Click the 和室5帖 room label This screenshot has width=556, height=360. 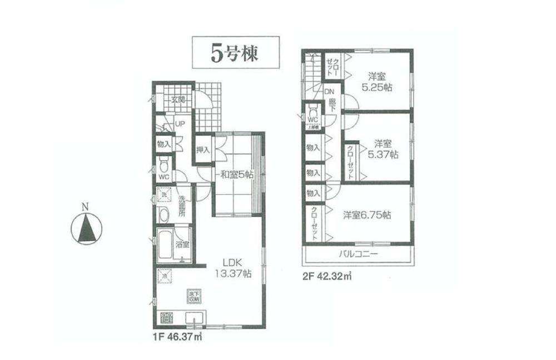point(235,174)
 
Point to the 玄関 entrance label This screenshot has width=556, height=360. point(178,100)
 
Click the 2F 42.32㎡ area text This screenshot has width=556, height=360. point(326,274)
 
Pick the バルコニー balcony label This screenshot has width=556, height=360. point(359,255)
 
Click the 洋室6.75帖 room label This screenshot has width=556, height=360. point(366,215)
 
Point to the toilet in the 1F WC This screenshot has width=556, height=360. point(163,164)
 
